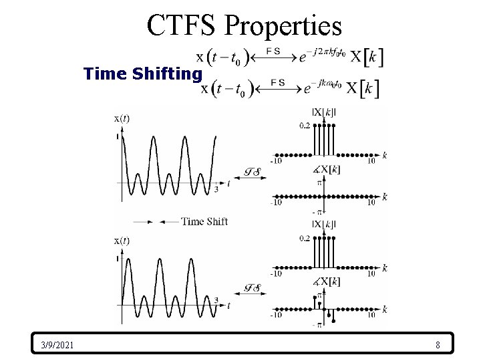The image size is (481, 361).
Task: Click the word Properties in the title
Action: click(x=283, y=25)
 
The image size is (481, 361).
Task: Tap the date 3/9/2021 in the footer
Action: click(x=57, y=345)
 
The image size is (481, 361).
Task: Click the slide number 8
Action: click(x=437, y=345)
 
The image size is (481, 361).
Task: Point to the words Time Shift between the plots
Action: click(x=204, y=221)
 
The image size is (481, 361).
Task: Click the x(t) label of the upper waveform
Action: click(x=122, y=119)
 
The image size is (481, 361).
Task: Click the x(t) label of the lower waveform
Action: click(x=122, y=241)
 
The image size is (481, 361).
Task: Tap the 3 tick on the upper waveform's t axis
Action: click(x=216, y=189)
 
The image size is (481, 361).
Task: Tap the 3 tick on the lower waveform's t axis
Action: click(x=216, y=300)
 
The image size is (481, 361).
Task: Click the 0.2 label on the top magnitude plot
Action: click(x=305, y=126)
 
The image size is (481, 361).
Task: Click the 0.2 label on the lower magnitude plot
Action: click(x=305, y=238)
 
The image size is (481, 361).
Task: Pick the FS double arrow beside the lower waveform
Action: click(x=250, y=289)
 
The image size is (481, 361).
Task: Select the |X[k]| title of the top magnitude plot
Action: click(x=323, y=112)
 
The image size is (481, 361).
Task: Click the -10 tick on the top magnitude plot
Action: click(x=275, y=160)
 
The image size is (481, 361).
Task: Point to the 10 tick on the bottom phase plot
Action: click(x=371, y=315)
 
